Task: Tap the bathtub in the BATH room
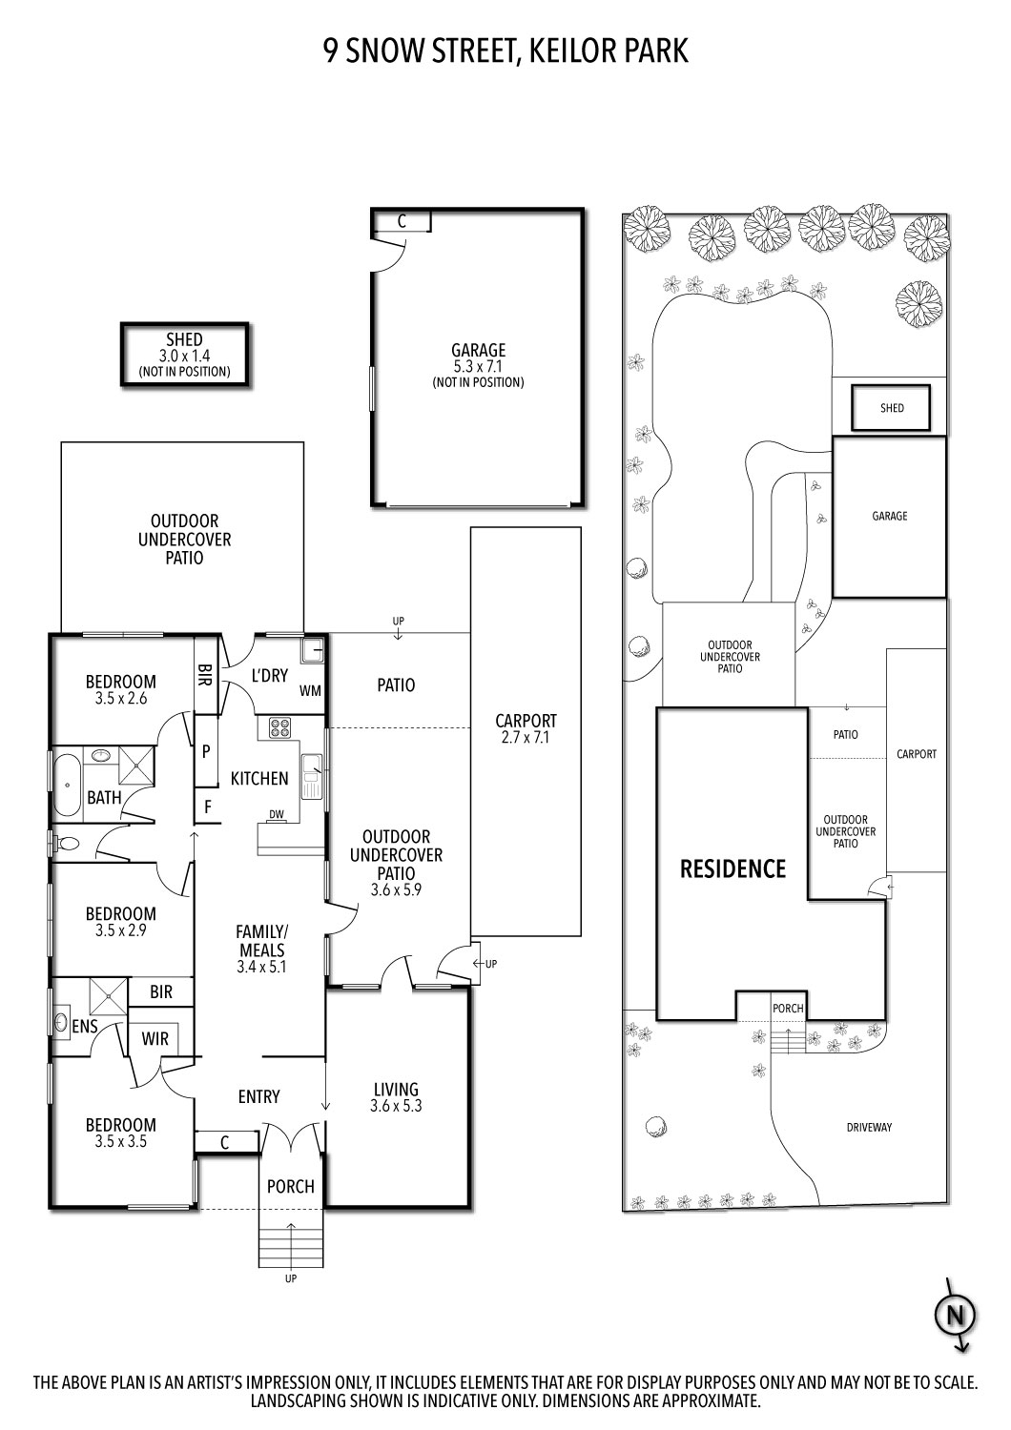(x=66, y=786)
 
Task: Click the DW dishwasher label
(x=277, y=814)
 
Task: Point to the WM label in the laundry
(x=310, y=690)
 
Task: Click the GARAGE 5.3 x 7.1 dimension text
(x=478, y=367)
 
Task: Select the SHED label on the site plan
(x=892, y=408)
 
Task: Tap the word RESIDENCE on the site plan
(x=732, y=868)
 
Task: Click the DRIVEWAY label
(x=869, y=1128)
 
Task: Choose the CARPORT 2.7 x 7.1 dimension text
(x=526, y=738)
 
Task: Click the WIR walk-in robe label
(x=155, y=1038)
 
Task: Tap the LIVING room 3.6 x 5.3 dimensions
(x=396, y=1107)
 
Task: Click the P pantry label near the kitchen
(x=206, y=751)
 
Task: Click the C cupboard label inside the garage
(x=402, y=221)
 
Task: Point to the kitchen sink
(x=311, y=776)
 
